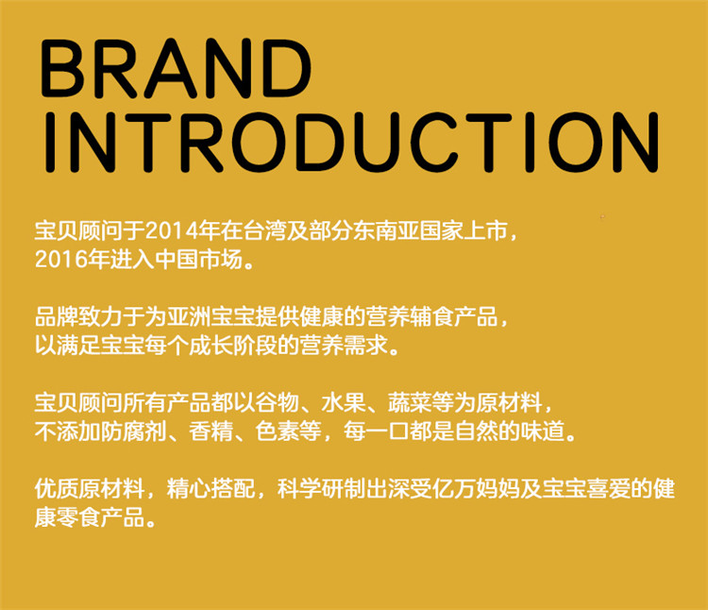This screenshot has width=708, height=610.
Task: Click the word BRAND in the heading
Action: pyautogui.click(x=176, y=68)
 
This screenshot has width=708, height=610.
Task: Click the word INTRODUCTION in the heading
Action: pyautogui.click(x=351, y=143)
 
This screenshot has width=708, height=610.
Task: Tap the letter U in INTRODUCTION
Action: pyautogui.click(x=378, y=143)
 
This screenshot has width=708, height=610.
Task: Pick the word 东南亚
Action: pyautogui.click(x=386, y=230)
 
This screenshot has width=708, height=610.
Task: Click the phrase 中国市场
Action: pyautogui.click(x=199, y=260)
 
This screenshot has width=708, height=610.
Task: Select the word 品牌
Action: pyautogui.click(x=57, y=317)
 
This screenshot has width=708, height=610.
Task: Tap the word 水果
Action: pyautogui.click(x=344, y=403)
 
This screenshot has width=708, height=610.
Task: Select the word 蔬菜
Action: pyautogui.click(x=411, y=403)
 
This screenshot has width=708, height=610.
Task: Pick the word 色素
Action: pyautogui.click(x=278, y=432)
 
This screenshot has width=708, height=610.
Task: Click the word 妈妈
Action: pyautogui.click(x=498, y=489)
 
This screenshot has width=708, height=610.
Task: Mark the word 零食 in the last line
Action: pyautogui.click(x=79, y=517)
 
